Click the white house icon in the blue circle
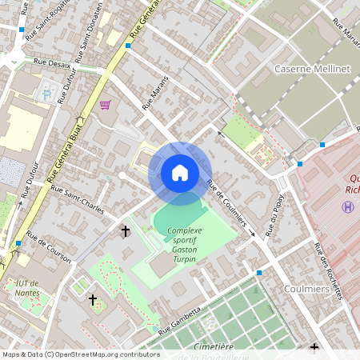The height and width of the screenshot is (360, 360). (180, 173)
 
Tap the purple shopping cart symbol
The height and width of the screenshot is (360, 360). (105, 105)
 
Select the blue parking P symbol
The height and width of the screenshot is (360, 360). (46, 94)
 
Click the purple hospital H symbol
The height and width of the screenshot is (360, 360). (347, 206)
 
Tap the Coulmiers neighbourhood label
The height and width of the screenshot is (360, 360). (307, 289)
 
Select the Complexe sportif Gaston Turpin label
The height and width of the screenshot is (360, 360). (184, 239)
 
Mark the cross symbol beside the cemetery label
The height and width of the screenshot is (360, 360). (314, 349)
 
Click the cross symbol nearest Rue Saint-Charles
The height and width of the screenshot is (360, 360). (125, 231)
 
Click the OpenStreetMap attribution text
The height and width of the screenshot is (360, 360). (80, 354)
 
